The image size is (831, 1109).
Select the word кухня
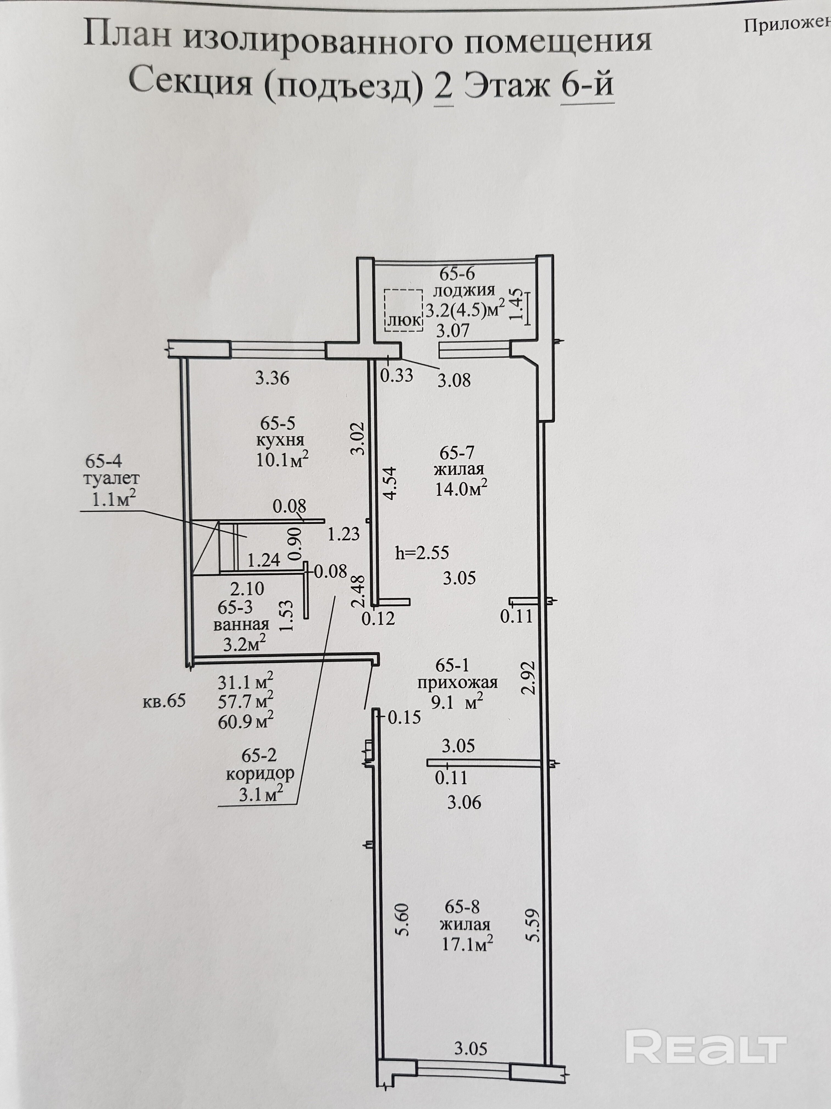(281, 441)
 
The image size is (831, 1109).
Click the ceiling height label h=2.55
(422, 553)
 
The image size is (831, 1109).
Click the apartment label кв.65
(164, 701)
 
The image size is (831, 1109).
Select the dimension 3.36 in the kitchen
(272, 378)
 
